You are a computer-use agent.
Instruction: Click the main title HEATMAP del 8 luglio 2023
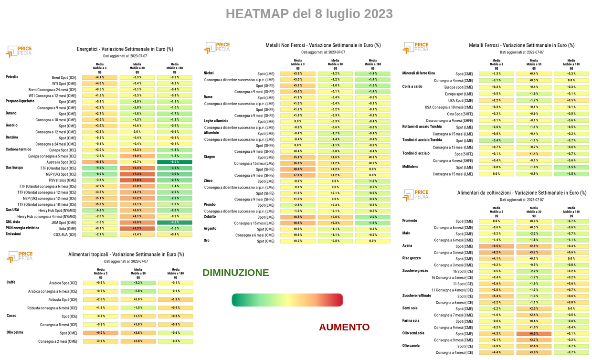pyautogui.click(x=309, y=14)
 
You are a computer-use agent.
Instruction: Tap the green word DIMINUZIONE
pyautogui.click(x=236, y=273)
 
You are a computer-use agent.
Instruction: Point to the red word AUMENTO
pyautogui.click(x=344, y=327)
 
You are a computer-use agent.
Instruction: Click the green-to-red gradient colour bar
pyautogui.click(x=287, y=300)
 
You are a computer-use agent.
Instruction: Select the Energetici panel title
pyautogui.click(x=125, y=49)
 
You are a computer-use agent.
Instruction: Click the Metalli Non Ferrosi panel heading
pyautogui.click(x=323, y=45)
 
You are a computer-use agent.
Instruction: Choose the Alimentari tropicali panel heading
pyautogui.click(x=126, y=254)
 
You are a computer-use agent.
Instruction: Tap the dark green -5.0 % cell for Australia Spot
pyautogui.click(x=175, y=162)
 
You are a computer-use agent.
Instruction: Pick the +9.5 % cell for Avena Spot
pyautogui.click(x=497, y=246)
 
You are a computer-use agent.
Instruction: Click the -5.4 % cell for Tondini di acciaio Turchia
pyautogui.click(x=497, y=140)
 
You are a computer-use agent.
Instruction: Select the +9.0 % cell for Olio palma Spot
pyautogui.click(x=101, y=333)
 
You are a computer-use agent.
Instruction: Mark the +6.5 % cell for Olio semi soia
pyautogui.click(x=534, y=334)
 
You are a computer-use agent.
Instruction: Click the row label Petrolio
pyautogui.click(x=12, y=77)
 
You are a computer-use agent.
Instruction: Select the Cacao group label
pyautogui.click(x=11, y=316)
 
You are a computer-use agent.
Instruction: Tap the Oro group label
pyautogui.click(x=207, y=240)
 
